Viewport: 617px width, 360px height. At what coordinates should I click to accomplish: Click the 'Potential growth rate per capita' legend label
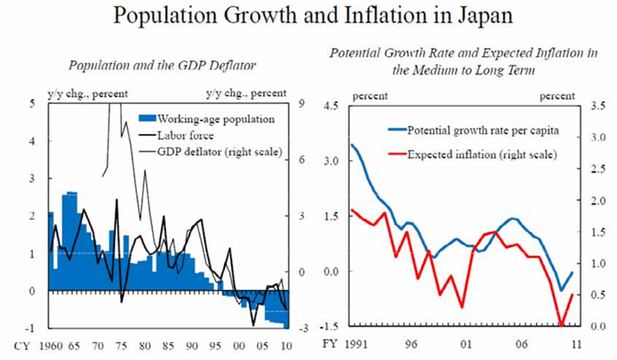[x=484, y=131]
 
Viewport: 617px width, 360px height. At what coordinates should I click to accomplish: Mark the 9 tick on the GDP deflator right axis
[x=303, y=103]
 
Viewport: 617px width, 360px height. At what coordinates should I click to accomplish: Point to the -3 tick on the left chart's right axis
[x=301, y=329]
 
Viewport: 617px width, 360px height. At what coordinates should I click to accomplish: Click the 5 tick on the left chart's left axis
[x=32, y=103]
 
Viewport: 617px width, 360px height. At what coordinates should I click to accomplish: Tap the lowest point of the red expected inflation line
[x=560, y=325]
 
